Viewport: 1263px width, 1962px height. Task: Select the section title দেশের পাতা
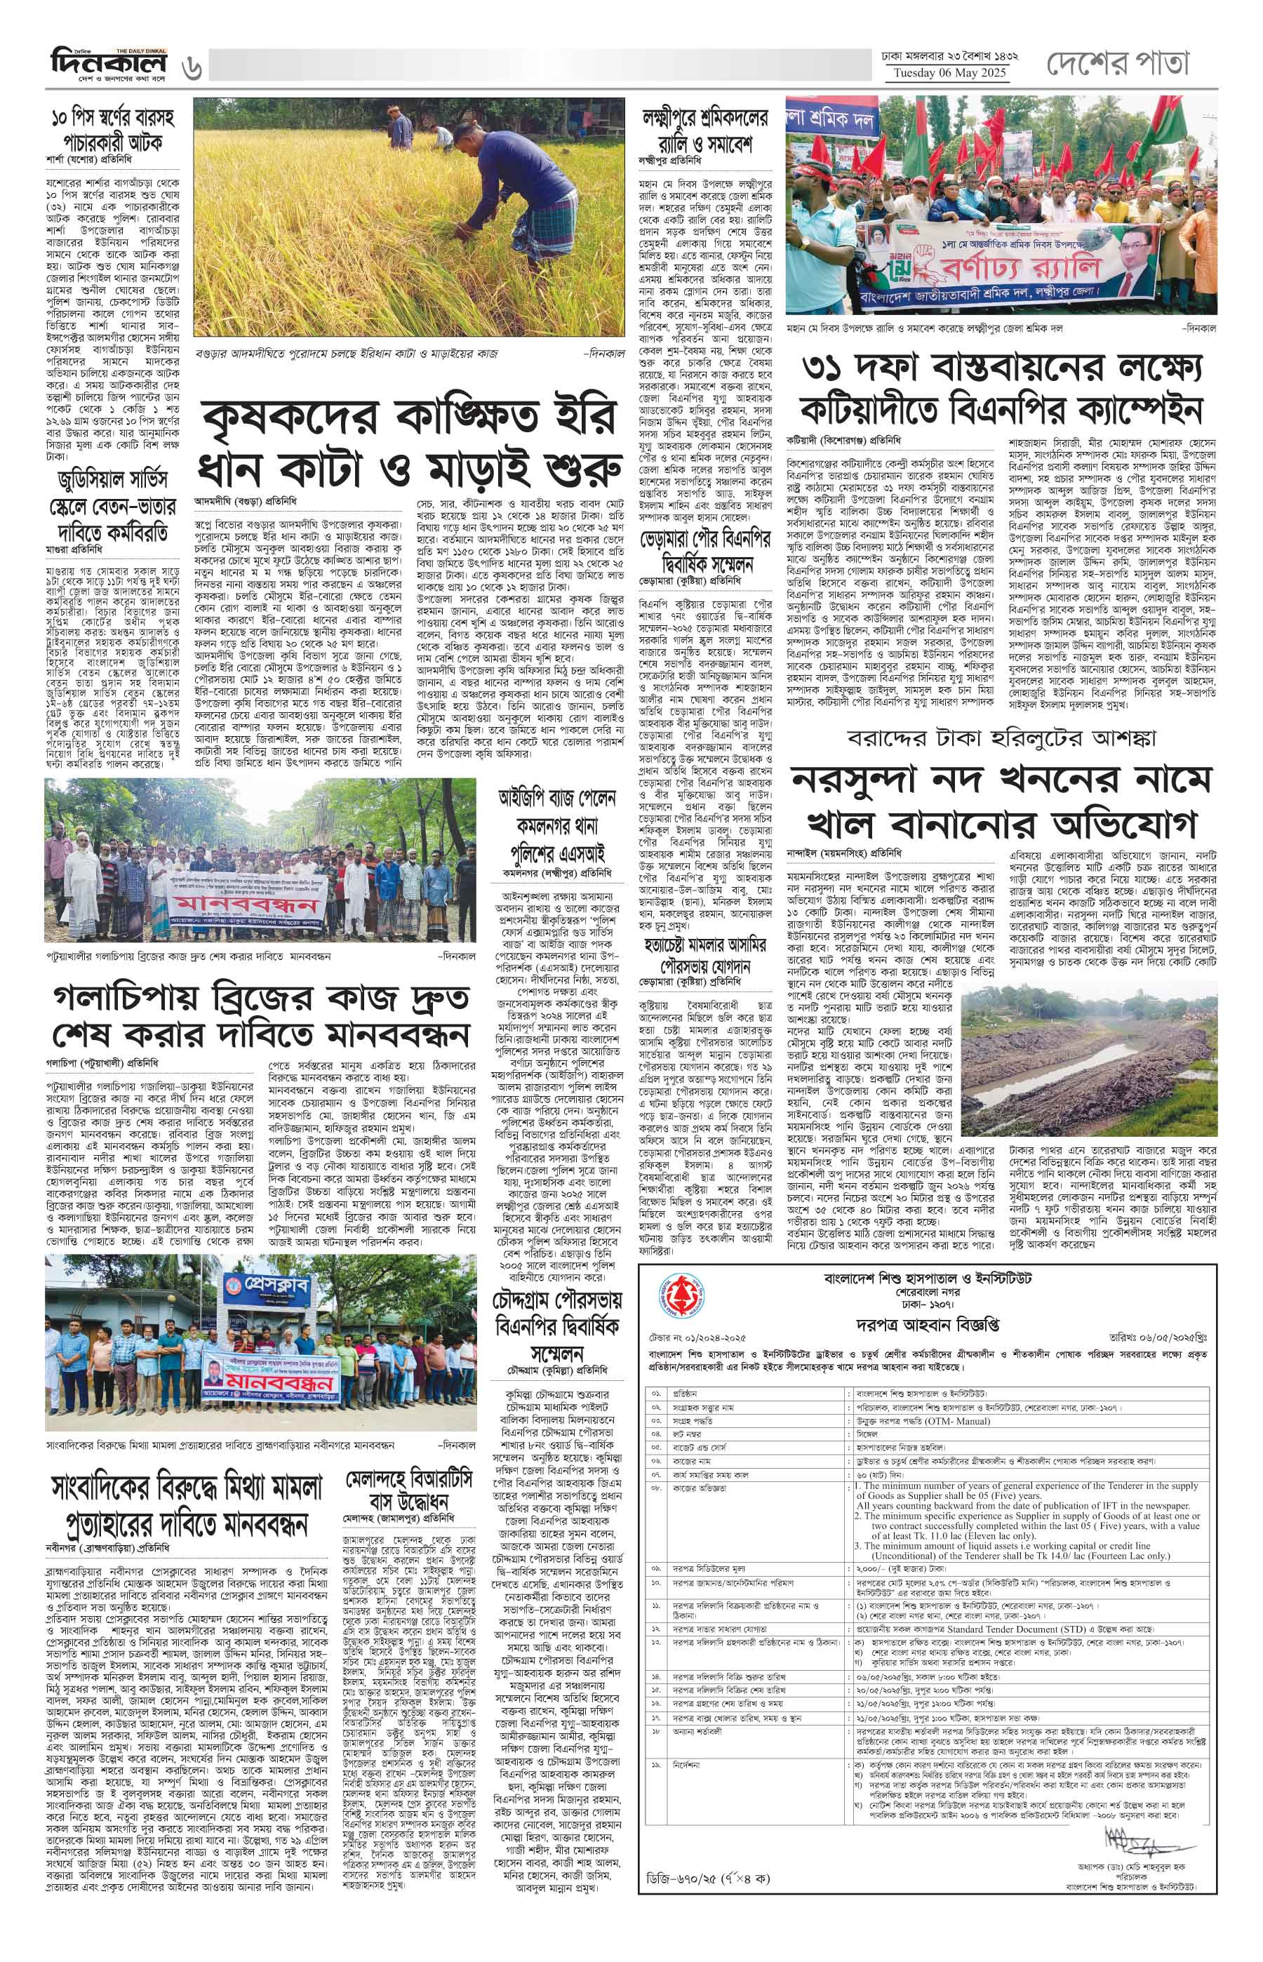click(x=1117, y=62)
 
